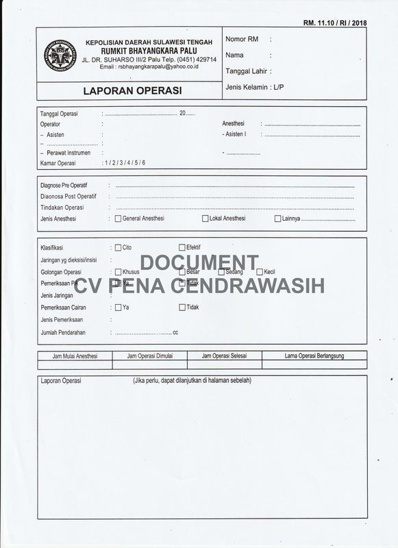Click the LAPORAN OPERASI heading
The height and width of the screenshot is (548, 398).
pos(130,89)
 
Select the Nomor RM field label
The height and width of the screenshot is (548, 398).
pos(241,40)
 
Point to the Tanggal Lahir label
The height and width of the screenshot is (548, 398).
pos(247,71)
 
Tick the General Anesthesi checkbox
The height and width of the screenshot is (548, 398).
pos(119,219)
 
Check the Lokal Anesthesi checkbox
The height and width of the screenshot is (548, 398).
pos(206,219)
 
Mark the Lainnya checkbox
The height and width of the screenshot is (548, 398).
pos(277,219)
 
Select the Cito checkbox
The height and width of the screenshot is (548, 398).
pos(119,247)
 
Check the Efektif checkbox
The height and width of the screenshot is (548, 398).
pos(182,247)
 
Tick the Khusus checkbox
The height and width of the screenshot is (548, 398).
pos(119,272)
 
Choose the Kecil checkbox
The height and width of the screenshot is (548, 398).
pos(260,272)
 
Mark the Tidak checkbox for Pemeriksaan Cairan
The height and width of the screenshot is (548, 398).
pos(182,308)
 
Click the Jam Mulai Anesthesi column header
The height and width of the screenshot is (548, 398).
pos(75,356)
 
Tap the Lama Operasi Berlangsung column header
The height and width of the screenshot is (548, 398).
pos(314,356)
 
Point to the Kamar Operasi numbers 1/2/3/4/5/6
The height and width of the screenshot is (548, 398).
pos(125,163)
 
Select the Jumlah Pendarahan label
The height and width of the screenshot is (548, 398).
pos(67,332)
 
